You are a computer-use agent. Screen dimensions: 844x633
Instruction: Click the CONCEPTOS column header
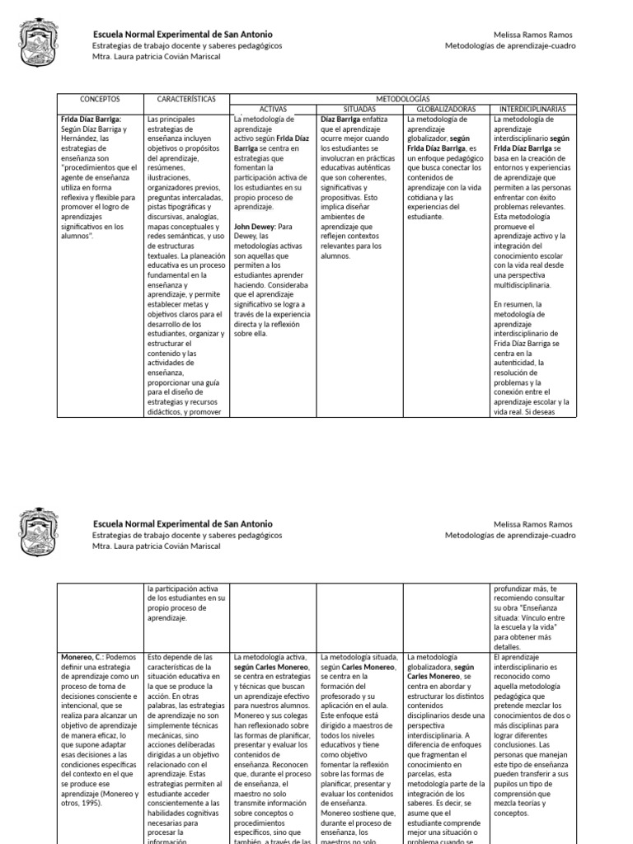(100, 99)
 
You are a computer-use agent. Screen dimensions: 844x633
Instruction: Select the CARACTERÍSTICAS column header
(186, 99)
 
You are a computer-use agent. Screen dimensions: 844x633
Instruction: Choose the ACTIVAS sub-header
(273, 108)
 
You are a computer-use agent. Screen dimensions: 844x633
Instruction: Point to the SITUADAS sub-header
(359, 108)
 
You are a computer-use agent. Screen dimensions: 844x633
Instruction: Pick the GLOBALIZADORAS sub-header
(446, 108)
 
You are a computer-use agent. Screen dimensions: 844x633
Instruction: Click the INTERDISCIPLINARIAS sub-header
(532, 108)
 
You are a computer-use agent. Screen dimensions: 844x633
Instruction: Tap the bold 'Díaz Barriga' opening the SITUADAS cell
(342, 119)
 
